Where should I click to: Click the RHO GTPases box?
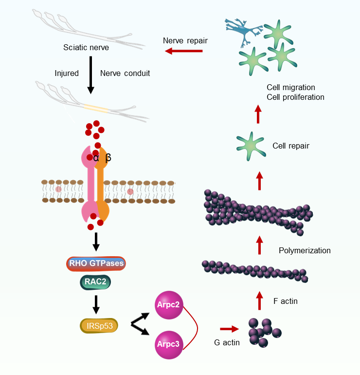(95, 264)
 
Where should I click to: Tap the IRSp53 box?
(99, 325)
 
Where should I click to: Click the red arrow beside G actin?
(230, 329)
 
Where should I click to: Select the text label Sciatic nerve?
(86, 48)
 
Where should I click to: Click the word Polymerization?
(305, 250)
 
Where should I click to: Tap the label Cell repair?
(291, 146)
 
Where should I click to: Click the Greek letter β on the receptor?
(108, 158)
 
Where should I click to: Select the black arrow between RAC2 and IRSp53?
(96, 304)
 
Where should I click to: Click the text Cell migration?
(291, 88)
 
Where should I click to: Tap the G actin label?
(227, 342)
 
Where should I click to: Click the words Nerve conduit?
(125, 74)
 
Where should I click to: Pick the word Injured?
(67, 74)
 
